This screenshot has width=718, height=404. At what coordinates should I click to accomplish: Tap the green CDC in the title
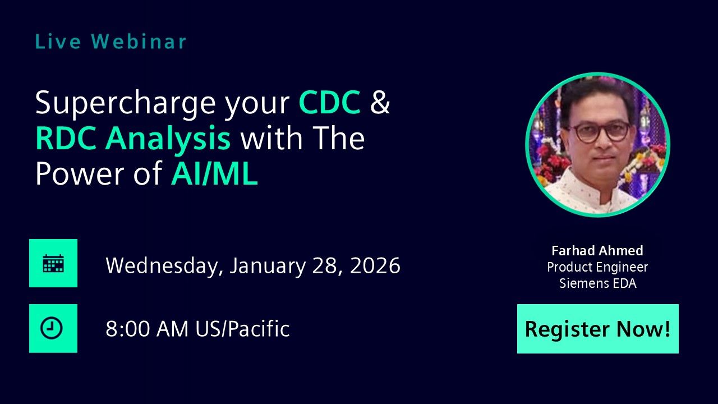pos(329,103)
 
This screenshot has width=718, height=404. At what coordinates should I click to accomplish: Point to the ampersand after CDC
pos(380,103)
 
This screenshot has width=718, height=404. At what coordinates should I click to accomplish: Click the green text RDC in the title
pos(66,139)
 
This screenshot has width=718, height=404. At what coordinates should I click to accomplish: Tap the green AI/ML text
pos(214,175)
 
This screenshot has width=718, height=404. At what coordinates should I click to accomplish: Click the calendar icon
pos(53,263)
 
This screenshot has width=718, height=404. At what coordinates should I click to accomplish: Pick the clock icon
pos(53,328)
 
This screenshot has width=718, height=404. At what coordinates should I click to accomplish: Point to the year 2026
pos(375,265)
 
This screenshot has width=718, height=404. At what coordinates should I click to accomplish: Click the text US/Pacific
pos(242,329)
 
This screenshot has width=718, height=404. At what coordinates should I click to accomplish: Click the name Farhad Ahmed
pos(597,251)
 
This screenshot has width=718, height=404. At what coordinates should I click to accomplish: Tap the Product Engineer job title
pos(597,267)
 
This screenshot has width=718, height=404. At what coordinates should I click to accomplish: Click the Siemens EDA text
pos(597,283)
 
